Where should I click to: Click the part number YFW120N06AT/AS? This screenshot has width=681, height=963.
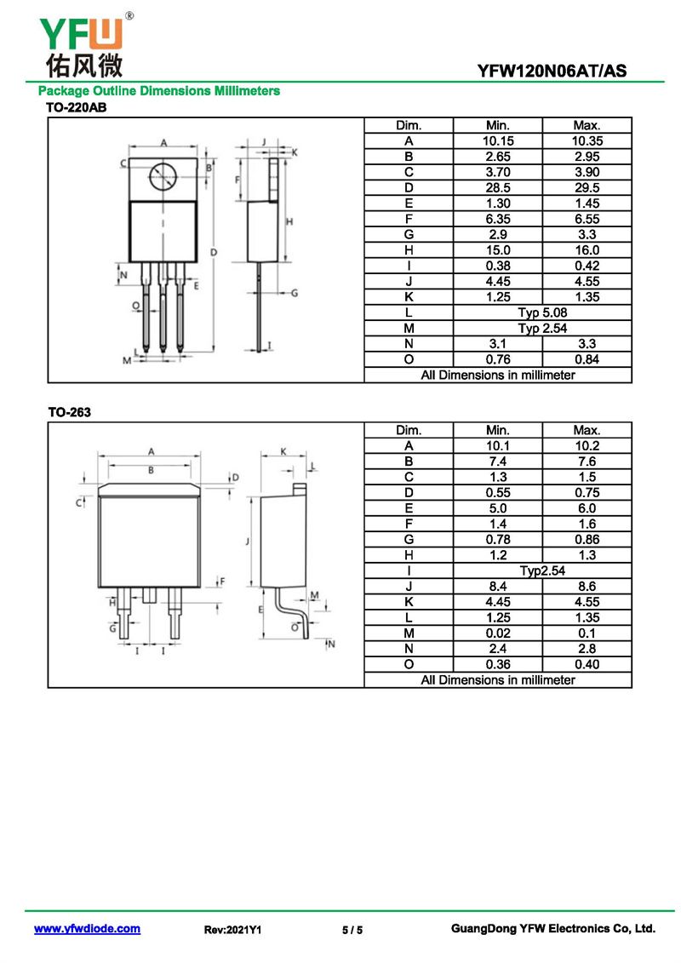(552, 72)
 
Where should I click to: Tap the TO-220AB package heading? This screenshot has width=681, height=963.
(76, 107)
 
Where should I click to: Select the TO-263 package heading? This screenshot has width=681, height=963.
(69, 412)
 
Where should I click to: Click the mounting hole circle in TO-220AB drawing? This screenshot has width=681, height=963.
(163, 177)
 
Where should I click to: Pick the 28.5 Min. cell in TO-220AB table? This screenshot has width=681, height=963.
(497, 187)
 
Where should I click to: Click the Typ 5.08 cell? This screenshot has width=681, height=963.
(542, 312)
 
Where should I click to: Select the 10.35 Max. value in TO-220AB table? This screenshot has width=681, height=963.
(587, 140)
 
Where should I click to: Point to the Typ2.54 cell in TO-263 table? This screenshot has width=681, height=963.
(542, 570)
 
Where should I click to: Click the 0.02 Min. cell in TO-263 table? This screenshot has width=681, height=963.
(497, 633)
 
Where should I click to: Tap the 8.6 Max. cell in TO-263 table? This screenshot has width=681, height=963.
(587, 586)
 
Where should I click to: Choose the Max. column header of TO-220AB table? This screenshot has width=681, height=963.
(587, 125)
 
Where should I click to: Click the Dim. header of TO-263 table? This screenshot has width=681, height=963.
(409, 430)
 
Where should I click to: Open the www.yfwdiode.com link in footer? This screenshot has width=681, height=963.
(87, 929)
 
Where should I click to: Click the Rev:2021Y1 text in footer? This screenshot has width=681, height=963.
(232, 930)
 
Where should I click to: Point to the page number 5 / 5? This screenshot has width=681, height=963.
(352, 930)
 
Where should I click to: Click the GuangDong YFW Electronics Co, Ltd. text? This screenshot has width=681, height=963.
(552, 929)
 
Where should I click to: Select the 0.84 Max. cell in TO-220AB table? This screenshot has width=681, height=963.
(587, 359)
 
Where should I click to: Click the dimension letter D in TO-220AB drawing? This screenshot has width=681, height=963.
(215, 252)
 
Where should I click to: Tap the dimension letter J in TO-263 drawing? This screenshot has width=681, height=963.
(245, 542)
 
